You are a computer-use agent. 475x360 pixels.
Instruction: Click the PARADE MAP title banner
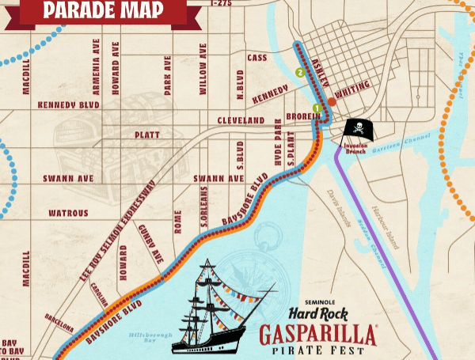pyautogui.click(x=103, y=10)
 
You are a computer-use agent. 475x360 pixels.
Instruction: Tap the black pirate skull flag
pyautogui.click(x=357, y=130)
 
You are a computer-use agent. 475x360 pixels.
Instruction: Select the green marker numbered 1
pyautogui.click(x=317, y=108)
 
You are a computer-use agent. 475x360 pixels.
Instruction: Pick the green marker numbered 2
pyautogui.click(x=299, y=74)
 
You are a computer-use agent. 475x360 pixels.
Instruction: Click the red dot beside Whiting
pyautogui.click(x=332, y=101)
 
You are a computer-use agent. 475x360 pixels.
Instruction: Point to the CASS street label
pyautogui.click(x=257, y=58)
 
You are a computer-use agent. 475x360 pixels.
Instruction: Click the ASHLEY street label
pyautogui.click(x=321, y=72)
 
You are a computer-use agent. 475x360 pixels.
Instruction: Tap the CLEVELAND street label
pyautogui.click(x=241, y=120)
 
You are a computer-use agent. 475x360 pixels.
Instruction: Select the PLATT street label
pyautogui.click(x=147, y=135)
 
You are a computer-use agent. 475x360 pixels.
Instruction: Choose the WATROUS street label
pyautogui.click(x=68, y=213)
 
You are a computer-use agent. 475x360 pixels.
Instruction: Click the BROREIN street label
pyautogui.click(x=303, y=116)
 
